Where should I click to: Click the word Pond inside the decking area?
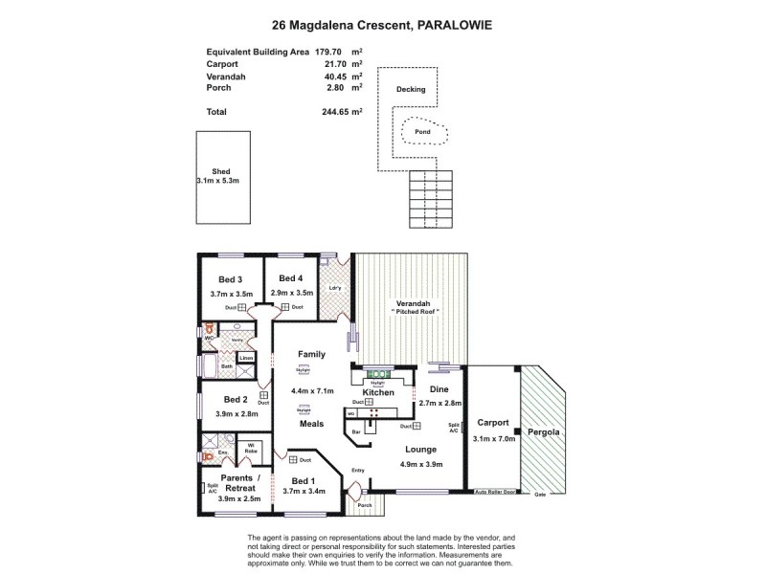[421, 132]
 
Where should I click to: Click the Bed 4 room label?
[292, 278]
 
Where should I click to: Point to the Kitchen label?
[378, 392]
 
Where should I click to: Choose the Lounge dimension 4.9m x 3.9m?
[420, 465]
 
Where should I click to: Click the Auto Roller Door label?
[496, 493]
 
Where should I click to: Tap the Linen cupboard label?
[246, 358]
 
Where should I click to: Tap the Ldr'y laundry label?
[335, 287]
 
